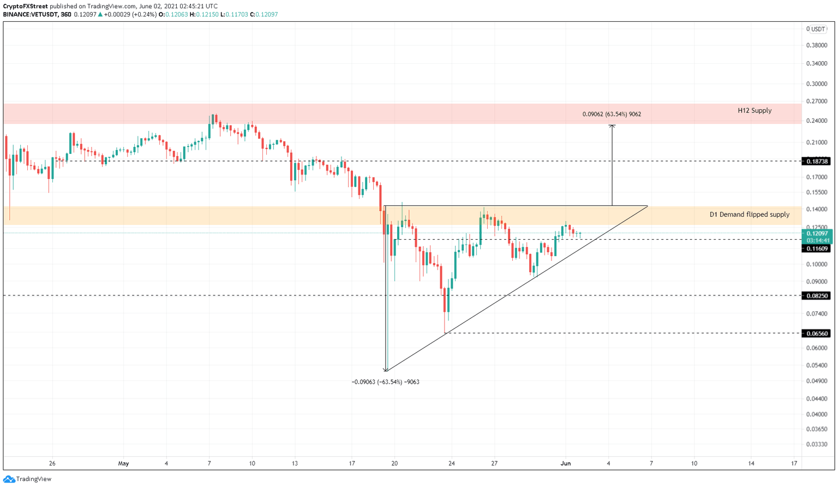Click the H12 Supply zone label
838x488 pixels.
[x=755, y=110]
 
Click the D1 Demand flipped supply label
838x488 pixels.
[x=749, y=215]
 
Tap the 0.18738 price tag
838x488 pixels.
[x=817, y=161]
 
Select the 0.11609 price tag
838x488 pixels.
[x=817, y=248]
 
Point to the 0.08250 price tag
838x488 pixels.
[x=817, y=295]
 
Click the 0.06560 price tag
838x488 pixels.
[x=817, y=333]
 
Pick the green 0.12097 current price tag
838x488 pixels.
[x=817, y=233]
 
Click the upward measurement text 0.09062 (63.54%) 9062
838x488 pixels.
[x=611, y=114]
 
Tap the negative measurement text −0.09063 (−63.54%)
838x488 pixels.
[x=385, y=382]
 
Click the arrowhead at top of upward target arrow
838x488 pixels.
[x=612, y=126]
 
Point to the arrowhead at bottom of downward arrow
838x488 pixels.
[x=386, y=370]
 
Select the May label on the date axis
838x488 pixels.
[x=123, y=463]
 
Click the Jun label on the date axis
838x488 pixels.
[x=566, y=463]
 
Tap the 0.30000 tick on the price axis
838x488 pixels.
[x=816, y=84]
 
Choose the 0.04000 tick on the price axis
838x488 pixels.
[x=816, y=414]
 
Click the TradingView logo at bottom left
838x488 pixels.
[x=27, y=479]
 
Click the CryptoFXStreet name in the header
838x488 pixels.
[x=25, y=7]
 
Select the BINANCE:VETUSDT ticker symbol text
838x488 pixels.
[x=31, y=14]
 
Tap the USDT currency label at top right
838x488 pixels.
[x=818, y=29]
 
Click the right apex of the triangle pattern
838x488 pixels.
[x=648, y=206]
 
